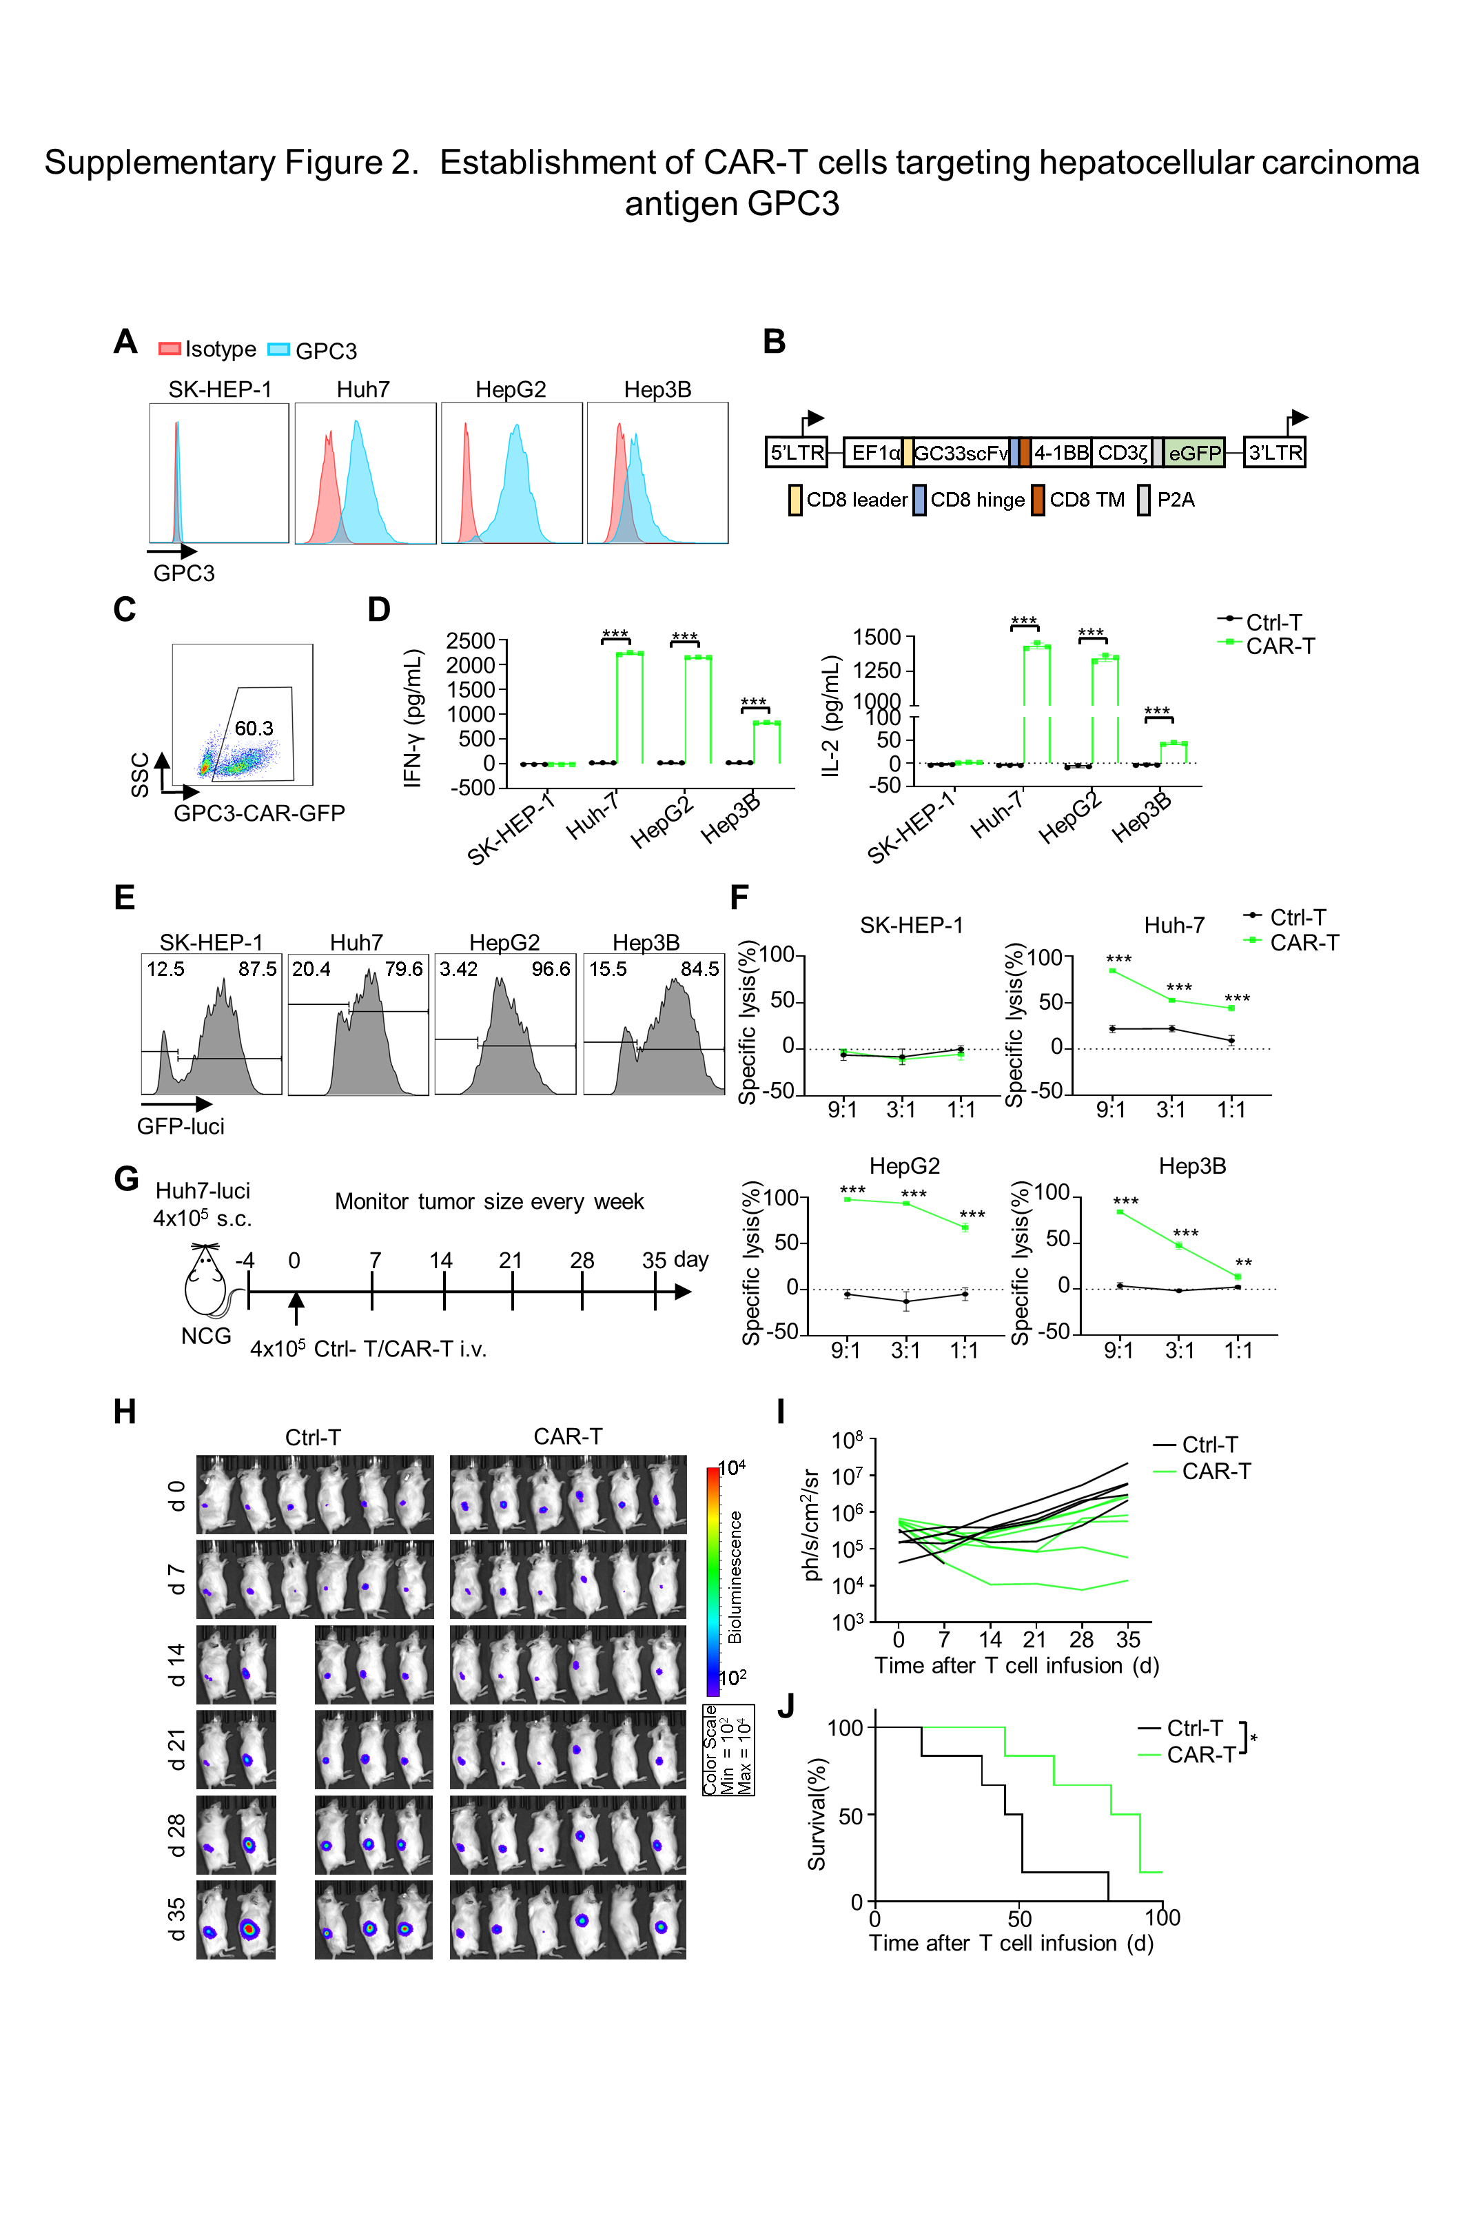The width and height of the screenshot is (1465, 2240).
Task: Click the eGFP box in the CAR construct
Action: tap(1194, 453)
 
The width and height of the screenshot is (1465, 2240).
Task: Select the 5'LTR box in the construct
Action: tap(796, 453)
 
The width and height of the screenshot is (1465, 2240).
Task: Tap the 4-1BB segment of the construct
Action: tap(1061, 453)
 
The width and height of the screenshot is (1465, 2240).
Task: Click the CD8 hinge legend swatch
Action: tap(919, 500)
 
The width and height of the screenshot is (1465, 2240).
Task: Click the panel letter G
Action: tap(126, 1179)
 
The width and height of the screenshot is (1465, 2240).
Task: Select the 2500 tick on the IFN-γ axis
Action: tap(471, 641)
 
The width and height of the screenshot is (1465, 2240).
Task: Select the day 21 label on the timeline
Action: tap(510, 1260)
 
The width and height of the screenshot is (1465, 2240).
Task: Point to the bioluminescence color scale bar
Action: tap(713, 1582)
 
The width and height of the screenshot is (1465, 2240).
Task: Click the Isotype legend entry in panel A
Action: tap(208, 349)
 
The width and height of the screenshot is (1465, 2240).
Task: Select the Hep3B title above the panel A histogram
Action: tap(657, 389)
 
